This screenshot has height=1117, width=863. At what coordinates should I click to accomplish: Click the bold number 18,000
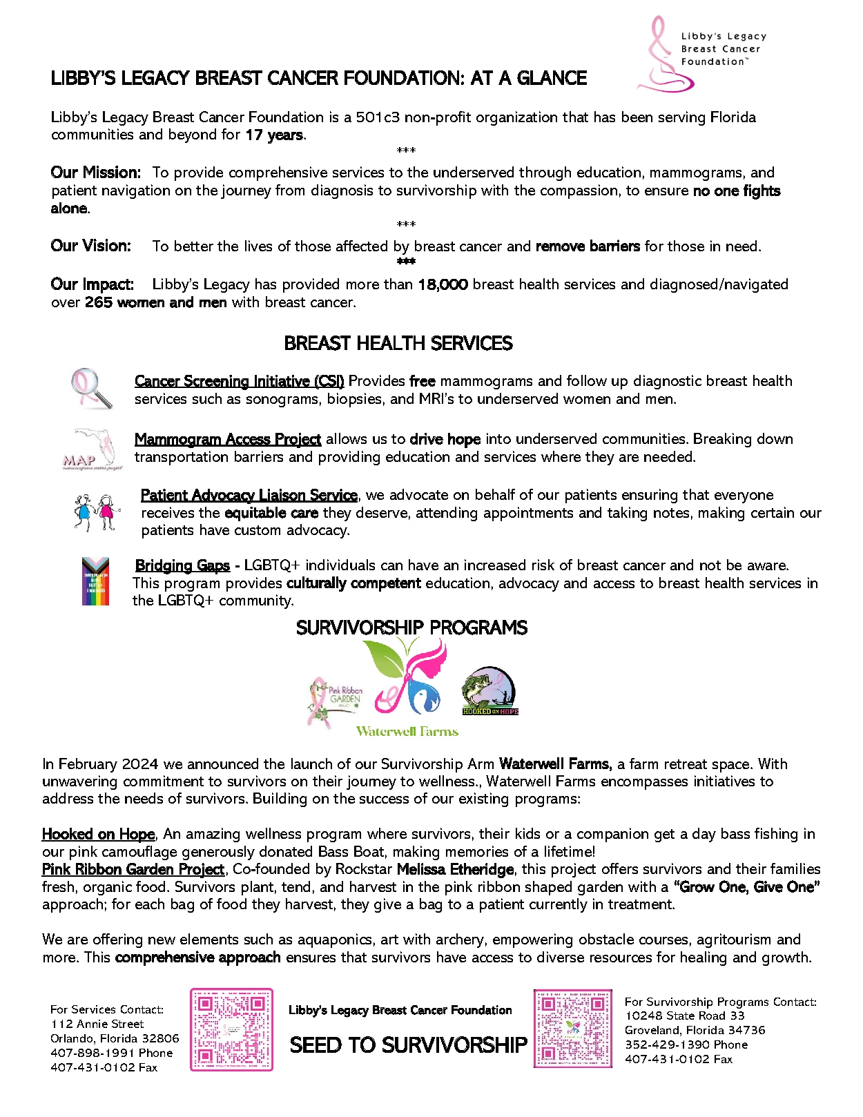[x=443, y=284]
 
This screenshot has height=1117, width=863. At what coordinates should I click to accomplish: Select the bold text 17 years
[x=274, y=135]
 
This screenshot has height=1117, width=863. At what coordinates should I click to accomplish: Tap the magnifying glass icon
[x=92, y=388]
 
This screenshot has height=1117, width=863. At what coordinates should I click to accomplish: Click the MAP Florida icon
[x=93, y=449]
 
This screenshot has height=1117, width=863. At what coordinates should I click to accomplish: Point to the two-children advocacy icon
[x=96, y=512]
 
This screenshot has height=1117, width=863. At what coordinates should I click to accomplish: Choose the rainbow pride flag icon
[x=95, y=581]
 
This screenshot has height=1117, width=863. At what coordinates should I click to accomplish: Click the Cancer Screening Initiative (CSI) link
[x=239, y=381]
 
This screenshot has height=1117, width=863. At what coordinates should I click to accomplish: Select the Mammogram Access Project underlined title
[x=227, y=439]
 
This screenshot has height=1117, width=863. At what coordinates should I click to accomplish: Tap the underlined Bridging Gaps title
[x=182, y=565]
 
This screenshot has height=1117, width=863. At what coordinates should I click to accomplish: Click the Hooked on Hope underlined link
[x=98, y=834]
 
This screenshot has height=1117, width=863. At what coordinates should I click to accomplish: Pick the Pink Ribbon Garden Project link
[x=133, y=869]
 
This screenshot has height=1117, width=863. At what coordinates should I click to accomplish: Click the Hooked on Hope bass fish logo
[x=489, y=690]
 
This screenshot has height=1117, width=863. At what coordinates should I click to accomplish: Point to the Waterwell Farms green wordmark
[x=407, y=731]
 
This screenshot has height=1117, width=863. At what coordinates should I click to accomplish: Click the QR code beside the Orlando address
[x=231, y=1029]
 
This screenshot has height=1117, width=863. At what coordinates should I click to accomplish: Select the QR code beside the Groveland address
[x=572, y=1028]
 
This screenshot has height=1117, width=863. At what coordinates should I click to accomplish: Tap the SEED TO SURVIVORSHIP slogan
[x=408, y=1045]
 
